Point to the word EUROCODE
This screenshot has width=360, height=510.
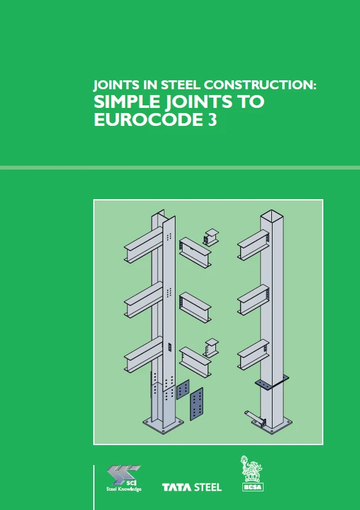(x=148, y=119)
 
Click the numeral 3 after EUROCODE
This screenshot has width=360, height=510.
(x=212, y=119)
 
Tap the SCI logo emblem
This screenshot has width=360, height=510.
(x=123, y=475)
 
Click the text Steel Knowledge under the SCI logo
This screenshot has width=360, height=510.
(x=124, y=489)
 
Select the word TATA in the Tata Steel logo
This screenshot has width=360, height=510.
(x=177, y=488)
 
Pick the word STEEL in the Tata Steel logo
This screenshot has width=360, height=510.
(x=208, y=488)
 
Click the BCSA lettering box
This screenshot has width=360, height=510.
(x=253, y=487)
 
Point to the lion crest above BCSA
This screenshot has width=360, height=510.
(x=251, y=469)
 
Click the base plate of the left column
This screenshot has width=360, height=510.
(x=163, y=423)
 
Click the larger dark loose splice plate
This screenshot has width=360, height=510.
(x=197, y=403)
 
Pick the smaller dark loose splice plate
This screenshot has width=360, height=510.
(x=183, y=389)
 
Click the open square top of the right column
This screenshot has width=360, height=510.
(x=272, y=215)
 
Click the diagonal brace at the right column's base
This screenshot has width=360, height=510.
(x=255, y=417)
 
